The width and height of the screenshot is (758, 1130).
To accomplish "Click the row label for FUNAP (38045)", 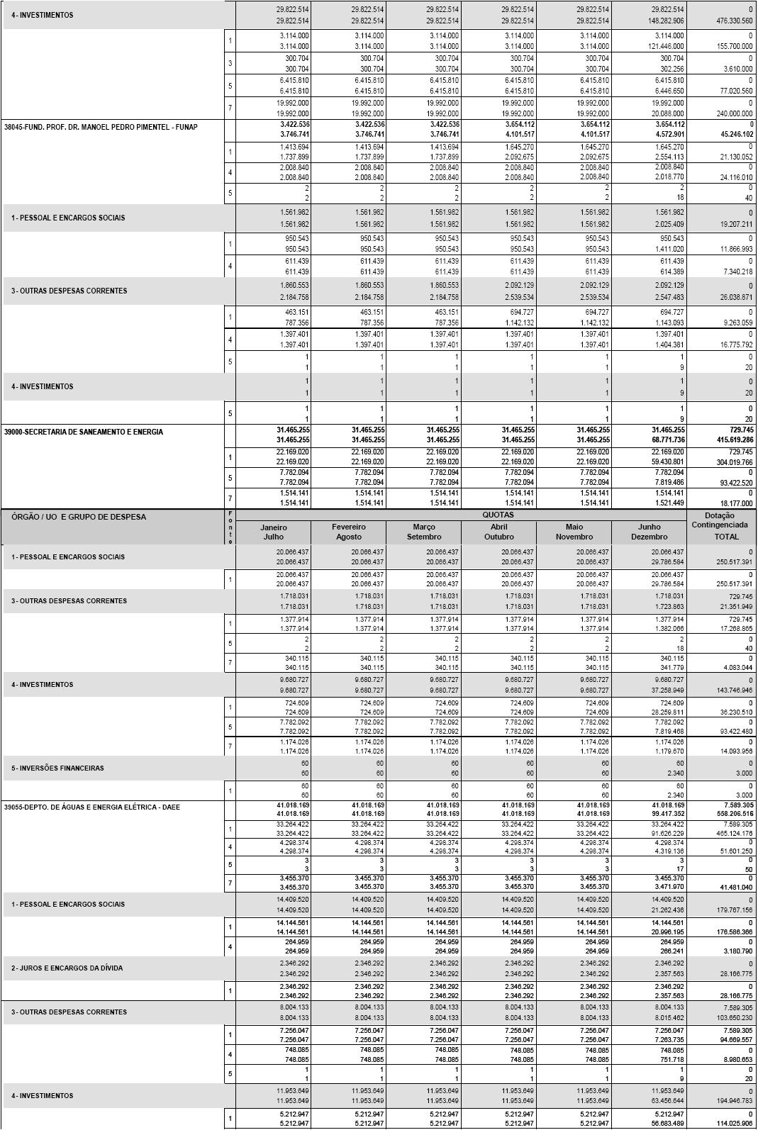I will tap(101, 128).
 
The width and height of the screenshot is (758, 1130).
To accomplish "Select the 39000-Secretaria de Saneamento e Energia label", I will tap(84, 432).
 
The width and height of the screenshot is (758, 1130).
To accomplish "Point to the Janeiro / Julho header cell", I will tap(273, 532).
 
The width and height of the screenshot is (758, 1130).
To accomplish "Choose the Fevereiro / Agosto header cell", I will tap(349, 532).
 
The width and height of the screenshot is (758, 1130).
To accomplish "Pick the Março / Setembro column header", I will tap(424, 532).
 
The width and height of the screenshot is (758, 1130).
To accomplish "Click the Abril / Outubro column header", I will tap(499, 532).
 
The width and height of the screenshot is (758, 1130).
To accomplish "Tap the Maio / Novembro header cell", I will tap(574, 532).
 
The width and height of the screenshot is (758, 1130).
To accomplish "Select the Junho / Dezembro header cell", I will tap(649, 532).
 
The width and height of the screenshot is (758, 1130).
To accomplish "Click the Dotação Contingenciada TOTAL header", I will tap(720, 526).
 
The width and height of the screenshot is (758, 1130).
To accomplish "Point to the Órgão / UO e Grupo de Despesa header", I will tap(79, 517).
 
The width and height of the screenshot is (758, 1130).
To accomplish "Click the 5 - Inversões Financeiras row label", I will tap(57, 768).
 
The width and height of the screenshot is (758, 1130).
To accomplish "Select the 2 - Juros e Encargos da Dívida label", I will tap(67, 968).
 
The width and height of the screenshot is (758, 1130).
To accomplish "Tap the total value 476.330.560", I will tap(730, 21).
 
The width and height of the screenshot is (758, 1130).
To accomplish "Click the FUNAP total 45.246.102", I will tap(732, 134).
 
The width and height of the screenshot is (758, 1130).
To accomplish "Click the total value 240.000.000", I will tap(730, 113).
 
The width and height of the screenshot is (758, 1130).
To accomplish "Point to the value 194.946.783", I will tap(732, 1101).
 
